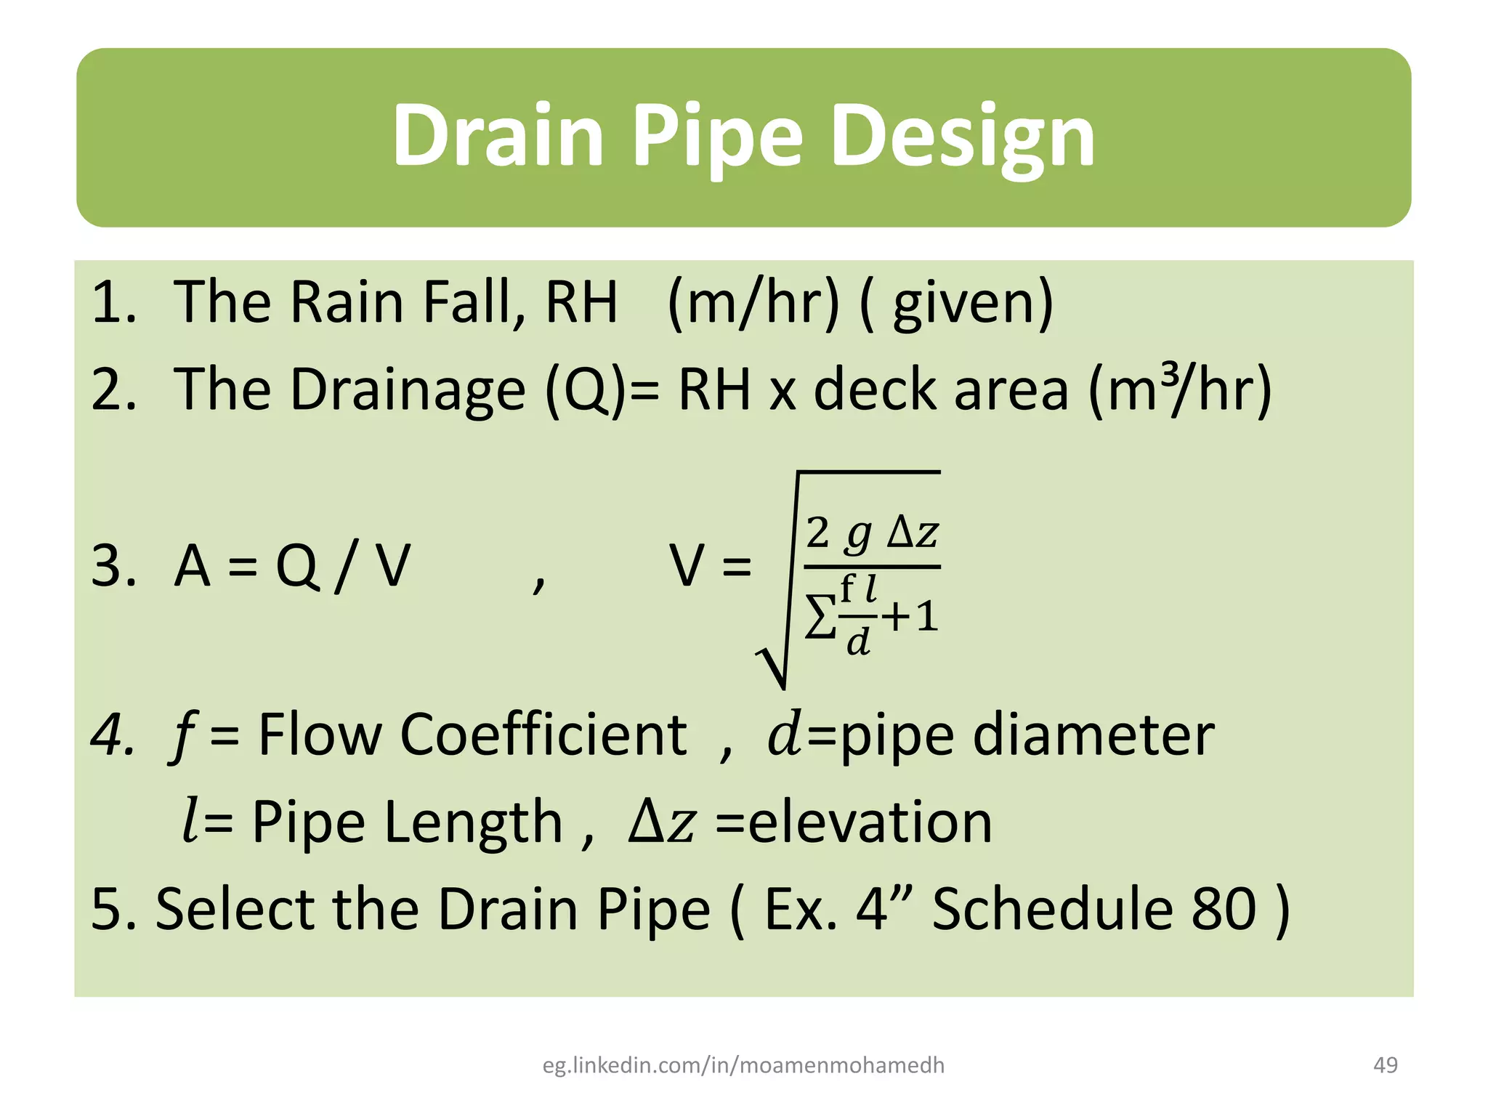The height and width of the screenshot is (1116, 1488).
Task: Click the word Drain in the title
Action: point(498,136)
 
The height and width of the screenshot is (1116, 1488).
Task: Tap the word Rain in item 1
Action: point(347,302)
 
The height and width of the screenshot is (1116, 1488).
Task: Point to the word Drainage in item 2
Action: point(408,390)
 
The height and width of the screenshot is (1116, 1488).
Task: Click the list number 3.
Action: point(114,566)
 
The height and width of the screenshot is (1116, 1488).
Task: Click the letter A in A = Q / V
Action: point(193,566)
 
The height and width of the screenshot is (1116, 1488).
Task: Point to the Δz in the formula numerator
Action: point(913,533)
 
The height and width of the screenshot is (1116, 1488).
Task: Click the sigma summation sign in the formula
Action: point(821,618)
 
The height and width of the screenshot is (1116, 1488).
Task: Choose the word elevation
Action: point(870,822)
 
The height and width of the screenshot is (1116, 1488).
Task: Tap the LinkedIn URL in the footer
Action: point(743,1065)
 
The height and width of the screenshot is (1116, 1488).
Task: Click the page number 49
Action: point(1386,1065)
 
